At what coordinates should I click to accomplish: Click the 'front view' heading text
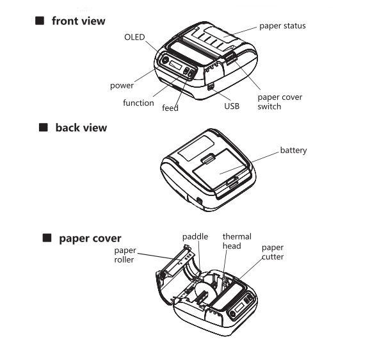click(x=78, y=21)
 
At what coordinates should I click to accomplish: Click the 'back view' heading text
click(x=81, y=127)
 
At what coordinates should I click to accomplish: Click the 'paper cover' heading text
click(x=90, y=238)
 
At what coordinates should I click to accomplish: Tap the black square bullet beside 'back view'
click(x=44, y=127)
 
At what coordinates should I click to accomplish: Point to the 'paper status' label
click(x=282, y=26)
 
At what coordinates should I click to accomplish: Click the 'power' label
click(x=122, y=85)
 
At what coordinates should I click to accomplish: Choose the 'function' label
click(x=138, y=102)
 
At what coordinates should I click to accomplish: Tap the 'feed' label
click(x=170, y=108)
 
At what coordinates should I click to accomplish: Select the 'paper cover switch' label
click(x=280, y=102)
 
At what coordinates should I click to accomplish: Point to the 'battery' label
click(x=293, y=151)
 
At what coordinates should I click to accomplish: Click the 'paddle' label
click(x=195, y=236)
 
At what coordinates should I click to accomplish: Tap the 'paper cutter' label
click(x=273, y=252)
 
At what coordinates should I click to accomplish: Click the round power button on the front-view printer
click(x=165, y=60)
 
